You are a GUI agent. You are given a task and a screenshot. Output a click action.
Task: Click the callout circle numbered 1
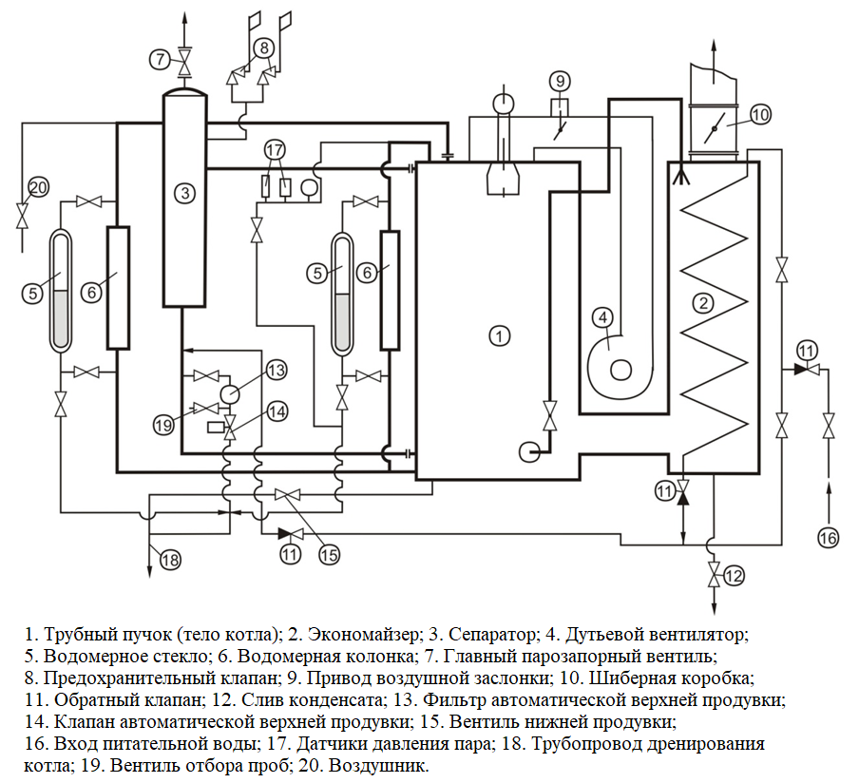[x=500, y=334]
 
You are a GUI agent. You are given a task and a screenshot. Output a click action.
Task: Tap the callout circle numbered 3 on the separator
[x=185, y=193]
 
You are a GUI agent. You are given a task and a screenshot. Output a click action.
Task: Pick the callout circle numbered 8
[x=263, y=46]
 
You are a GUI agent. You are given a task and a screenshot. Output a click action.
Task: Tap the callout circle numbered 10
[x=759, y=114]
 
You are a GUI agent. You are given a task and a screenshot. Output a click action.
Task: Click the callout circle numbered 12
[x=733, y=574]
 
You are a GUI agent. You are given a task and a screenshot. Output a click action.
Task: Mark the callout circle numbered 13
[x=276, y=369]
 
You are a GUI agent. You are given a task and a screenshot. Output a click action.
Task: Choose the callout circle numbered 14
[x=276, y=411]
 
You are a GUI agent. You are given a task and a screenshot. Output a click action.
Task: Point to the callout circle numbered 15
[x=329, y=554]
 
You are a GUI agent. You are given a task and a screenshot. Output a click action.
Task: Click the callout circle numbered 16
[x=829, y=538]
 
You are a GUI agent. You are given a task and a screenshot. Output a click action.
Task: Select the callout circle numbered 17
[x=275, y=149]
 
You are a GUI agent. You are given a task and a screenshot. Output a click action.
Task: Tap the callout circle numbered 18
[x=169, y=560]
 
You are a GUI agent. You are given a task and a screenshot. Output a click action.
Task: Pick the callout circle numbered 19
[x=163, y=427]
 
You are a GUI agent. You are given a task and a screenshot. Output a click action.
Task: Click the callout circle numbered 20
[x=37, y=187]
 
